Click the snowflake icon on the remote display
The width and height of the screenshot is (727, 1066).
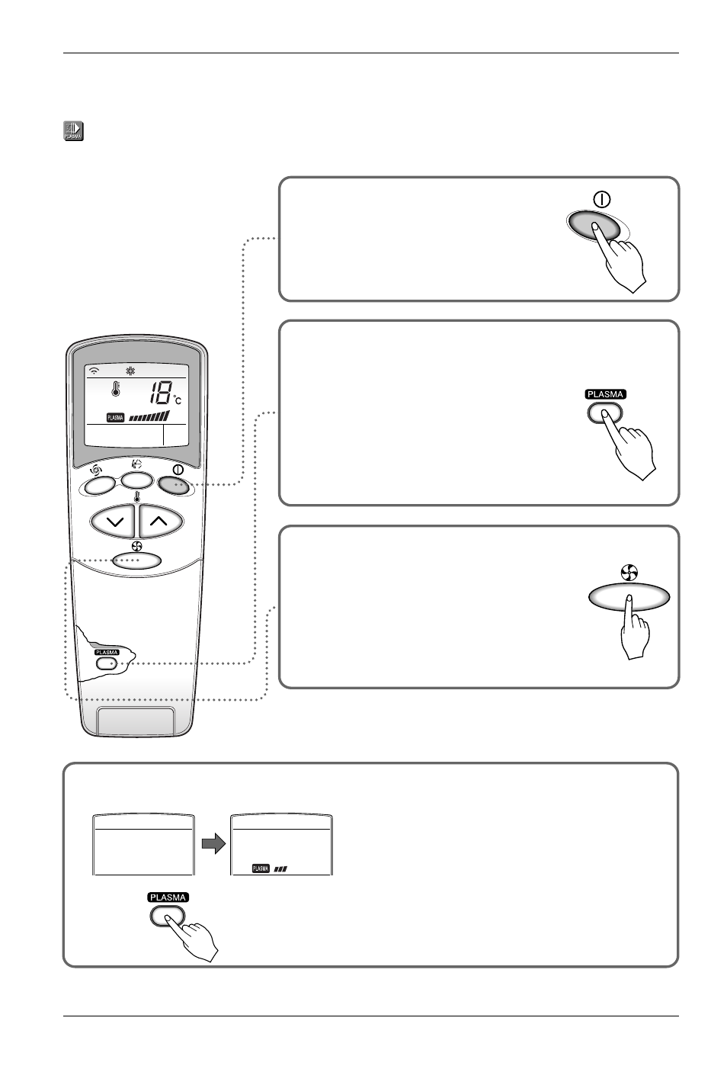(x=130, y=371)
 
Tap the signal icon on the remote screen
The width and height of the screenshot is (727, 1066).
(x=94, y=371)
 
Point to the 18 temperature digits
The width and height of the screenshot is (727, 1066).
(x=159, y=393)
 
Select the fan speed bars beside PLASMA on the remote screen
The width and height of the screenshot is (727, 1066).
(x=149, y=416)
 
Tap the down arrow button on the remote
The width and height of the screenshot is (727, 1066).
(x=113, y=521)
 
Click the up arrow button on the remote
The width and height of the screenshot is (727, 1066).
(x=160, y=521)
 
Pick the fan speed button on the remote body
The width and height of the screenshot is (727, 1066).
(x=137, y=560)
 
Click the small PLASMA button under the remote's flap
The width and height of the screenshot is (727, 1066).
(x=107, y=663)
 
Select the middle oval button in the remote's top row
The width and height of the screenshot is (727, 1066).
(x=137, y=480)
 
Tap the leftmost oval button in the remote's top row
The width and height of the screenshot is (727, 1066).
(x=99, y=486)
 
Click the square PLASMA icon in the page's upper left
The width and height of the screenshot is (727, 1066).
(x=74, y=131)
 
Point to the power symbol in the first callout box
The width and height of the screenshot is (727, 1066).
(x=602, y=200)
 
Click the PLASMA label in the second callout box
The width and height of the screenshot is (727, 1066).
(x=605, y=394)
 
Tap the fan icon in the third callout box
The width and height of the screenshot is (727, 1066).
(x=629, y=573)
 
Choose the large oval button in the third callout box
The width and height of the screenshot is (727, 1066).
(x=629, y=597)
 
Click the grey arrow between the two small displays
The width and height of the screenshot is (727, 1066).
(x=213, y=844)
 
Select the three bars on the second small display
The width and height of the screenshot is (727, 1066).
(x=280, y=869)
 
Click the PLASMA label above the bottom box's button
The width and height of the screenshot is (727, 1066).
(x=168, y=897)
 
